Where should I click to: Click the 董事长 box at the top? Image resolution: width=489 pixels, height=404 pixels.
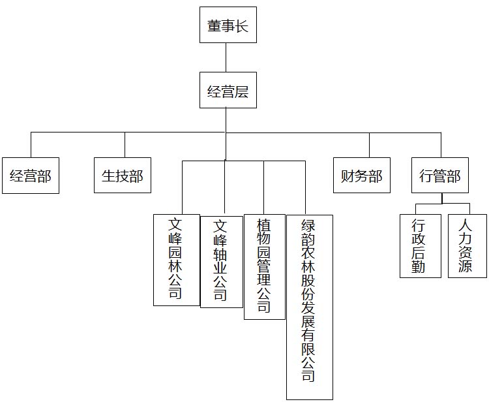[x=228, y=25]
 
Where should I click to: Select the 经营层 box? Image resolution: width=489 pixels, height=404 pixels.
[x=228, y=90]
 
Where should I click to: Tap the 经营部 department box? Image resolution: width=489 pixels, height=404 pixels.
[x=31, y=175]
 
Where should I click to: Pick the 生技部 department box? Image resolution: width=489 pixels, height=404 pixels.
[x=123, y=175]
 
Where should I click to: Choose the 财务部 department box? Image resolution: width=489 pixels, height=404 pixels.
[x=362, y=175]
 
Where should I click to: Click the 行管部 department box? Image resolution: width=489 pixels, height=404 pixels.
[x=440, y=175]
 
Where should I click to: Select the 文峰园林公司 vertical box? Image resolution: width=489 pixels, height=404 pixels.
[x=176, y=260]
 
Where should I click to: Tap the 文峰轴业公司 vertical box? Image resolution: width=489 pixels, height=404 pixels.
[x=221, y=262]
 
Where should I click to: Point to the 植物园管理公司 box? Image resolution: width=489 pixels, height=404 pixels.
[x=264, y=266]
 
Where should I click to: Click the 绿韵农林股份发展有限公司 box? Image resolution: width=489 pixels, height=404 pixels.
[x=309, y=307]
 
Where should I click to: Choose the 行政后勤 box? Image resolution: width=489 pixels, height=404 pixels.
[x=420, y=245]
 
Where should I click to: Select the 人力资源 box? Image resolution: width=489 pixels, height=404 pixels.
[x=467, y=245]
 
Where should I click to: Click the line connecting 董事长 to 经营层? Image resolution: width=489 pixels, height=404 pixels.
[x=226, y=57]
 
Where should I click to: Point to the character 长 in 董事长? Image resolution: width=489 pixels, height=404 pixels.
[x=242, y=26]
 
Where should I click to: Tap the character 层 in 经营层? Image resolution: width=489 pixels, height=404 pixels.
[x=242, y=91]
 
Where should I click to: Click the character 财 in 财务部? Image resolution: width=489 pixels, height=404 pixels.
[x=348, y=176]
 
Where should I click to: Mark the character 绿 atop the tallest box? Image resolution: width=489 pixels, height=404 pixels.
[x=309, y=227]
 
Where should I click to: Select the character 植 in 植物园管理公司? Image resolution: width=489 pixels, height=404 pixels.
[x=264, y=226]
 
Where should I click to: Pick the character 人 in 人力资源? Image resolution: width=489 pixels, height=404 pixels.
[x=466, y=226]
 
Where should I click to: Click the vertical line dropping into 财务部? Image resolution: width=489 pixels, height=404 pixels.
[x=369, y=145]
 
